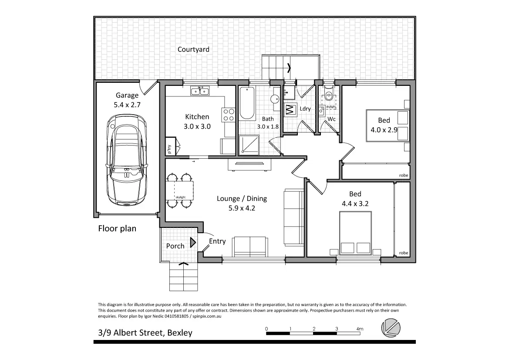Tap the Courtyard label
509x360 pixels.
point(193,49)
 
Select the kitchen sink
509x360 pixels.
point(199,91)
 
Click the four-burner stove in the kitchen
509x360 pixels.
point(229,115)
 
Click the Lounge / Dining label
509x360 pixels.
point(242,199)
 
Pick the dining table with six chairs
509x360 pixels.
point(180,190)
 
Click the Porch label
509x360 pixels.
point(175,246)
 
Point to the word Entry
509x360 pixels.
point(217,241)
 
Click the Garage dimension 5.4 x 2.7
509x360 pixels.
point(127,105)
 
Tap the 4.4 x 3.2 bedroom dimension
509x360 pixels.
point(355,204)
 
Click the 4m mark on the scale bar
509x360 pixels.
point(360,329)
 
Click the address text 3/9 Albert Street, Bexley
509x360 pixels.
point(145,333)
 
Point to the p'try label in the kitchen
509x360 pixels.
point(169,149)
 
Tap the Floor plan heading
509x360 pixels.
point(117,228)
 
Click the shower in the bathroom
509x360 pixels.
point(249,145)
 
